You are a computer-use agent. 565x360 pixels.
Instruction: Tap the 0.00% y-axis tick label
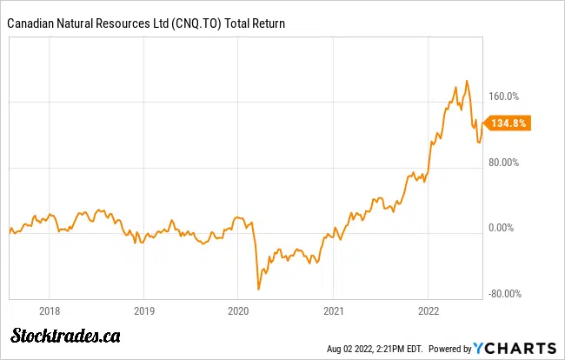tap(502, 228)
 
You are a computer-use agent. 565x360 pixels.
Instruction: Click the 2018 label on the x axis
tap(50, 309)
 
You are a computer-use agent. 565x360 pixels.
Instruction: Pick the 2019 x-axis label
tap(144, 309)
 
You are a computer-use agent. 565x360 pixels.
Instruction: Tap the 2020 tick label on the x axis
tap(239, 309)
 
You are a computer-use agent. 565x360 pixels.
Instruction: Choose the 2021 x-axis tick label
tap(334, 309)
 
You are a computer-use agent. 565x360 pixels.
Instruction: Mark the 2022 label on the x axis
tap(429, 309)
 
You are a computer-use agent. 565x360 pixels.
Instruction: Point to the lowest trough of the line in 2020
tap(258, 289)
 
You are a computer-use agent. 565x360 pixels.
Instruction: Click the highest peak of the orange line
tap(467, 81)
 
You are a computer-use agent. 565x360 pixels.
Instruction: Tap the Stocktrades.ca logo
tap(65, 335)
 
